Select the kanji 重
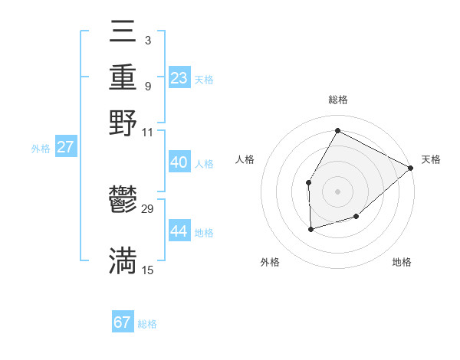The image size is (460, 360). [123, 77]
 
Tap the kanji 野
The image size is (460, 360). [123, 123]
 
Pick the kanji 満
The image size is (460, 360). [123, 262]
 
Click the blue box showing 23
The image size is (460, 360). [179, 77]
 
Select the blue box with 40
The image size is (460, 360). [179, 162]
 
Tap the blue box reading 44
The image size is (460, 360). [179, 231]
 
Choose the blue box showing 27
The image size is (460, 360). [66, 147]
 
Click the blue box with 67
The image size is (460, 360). [123, 322]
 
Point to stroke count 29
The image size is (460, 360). [148, 209]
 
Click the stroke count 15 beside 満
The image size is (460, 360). [148, 270]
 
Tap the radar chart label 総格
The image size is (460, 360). [338, 100]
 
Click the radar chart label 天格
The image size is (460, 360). [431, 159]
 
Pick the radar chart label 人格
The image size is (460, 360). [245, 159]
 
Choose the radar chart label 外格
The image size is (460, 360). [270, 262]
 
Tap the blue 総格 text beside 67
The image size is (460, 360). [147, 324]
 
